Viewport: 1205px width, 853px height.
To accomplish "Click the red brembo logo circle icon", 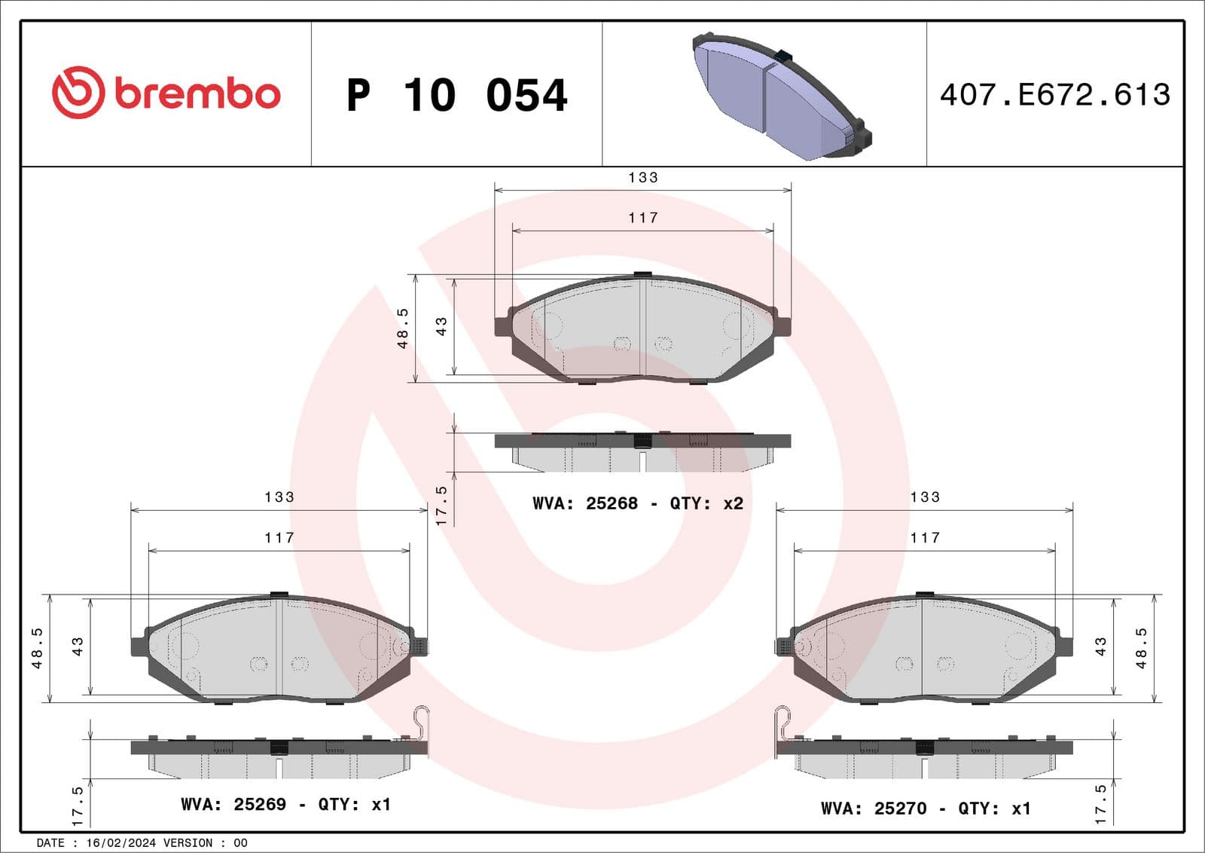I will (78, 93).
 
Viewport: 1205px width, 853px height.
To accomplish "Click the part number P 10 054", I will (456, 96).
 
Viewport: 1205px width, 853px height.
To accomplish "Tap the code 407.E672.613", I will (1054, 95).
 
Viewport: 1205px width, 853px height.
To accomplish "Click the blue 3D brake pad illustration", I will (780, 96).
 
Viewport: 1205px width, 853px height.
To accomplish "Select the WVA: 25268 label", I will (585, 503).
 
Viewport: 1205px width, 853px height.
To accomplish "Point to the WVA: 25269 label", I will (233, 805).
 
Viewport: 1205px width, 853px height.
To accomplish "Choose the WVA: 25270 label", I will (874, 809).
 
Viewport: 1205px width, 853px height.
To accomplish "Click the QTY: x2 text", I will (706, 503).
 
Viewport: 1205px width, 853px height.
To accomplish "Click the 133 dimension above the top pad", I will (643, 178).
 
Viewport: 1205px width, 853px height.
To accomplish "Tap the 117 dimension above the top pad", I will (643, 218).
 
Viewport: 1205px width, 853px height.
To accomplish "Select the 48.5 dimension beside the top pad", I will (403, 328).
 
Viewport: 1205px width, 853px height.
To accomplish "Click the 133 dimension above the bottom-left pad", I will (279, 497).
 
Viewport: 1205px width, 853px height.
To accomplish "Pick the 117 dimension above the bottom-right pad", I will (925, 538).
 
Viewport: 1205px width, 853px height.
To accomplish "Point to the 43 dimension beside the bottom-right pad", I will (1101, 647).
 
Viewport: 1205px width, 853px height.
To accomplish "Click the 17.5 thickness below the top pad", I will (441, 505).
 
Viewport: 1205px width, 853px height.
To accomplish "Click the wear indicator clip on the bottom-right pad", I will (783, 723).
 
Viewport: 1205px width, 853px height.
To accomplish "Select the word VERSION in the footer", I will (188, 843).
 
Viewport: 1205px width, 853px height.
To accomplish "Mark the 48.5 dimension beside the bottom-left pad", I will (37, 648).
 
